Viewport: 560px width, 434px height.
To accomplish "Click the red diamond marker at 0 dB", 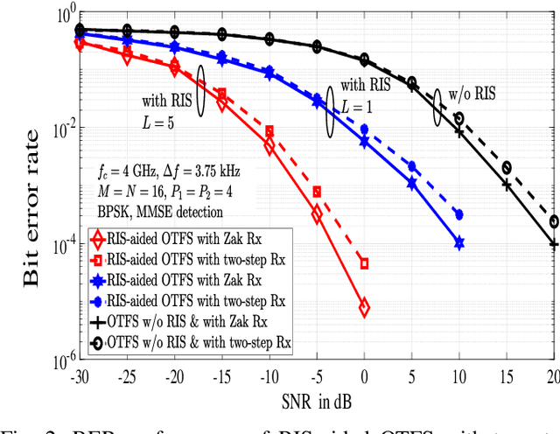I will click(x=364, y=307).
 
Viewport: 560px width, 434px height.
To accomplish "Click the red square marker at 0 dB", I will click(x=364, y=263).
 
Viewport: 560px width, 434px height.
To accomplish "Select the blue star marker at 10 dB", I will click(x=459, y=243).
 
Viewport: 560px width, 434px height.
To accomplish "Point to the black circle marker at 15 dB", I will click(x=507, y=167).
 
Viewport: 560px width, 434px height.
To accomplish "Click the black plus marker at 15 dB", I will click(x=507, y=185).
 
